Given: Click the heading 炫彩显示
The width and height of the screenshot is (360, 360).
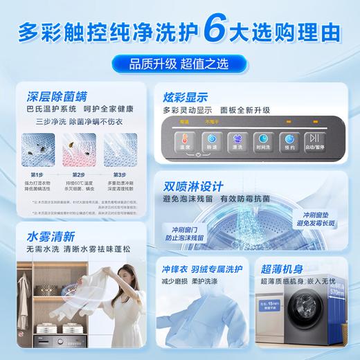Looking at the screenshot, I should [185, 97].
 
